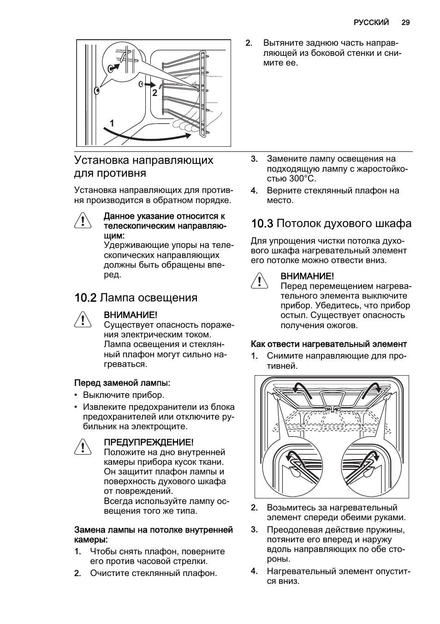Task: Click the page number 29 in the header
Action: (405, 22)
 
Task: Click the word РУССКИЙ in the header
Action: (371, 22)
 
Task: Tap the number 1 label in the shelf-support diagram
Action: (112, 123)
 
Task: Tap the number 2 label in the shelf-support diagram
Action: (155, 93)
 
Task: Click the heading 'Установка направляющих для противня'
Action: (143, 167)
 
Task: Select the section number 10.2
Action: (85, 298)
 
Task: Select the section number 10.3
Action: (262, 223)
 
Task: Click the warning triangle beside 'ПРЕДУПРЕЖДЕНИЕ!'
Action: (83, 447)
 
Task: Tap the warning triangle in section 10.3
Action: (260, 281)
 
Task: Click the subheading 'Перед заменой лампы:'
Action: (122, 383)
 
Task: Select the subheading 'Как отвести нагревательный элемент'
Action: (329, 344)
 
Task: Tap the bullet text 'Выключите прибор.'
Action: (124, 395)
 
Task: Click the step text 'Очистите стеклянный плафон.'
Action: (153, 573)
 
